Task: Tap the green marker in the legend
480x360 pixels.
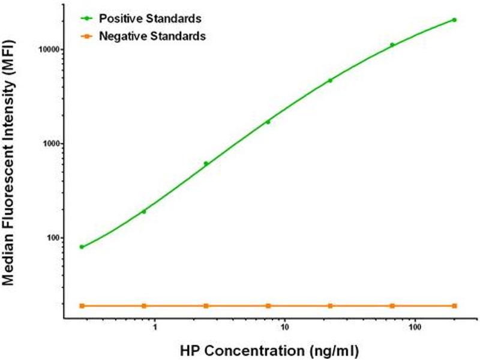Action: tap(86, 19)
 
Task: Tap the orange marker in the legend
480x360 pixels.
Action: tap(86, 37)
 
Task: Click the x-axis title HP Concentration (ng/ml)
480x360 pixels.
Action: tap(269, 349)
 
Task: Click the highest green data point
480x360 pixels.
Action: tap(454, 20)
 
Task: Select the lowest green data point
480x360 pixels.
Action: tap(82, 247)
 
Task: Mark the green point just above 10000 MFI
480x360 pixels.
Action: tap(392, 45)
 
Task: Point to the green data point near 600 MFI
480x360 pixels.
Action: tap(206, 163)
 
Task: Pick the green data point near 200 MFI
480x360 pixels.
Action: tap(143, 211)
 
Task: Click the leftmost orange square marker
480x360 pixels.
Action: tap(82, 306)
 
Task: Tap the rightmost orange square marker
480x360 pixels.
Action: tap(454, 306)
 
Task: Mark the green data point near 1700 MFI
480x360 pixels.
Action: tap(268, 122)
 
